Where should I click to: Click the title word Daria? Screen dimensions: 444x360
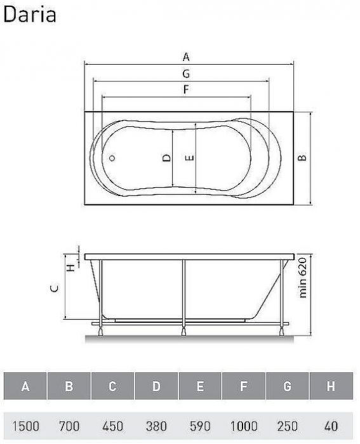30,13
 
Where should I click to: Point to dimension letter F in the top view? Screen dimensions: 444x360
186,89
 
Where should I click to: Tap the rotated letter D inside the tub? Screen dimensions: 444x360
165,159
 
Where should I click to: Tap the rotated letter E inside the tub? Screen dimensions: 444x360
189,159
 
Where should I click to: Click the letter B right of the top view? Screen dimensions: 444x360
303,157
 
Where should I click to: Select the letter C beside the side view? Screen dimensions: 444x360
55,288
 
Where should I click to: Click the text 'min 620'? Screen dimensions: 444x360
303,277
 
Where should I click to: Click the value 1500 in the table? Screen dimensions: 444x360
25,425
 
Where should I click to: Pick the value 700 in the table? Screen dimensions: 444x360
69,425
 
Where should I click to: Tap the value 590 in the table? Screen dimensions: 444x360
201,425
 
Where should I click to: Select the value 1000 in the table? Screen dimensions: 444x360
244,425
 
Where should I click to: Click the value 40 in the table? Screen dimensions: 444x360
331,425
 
